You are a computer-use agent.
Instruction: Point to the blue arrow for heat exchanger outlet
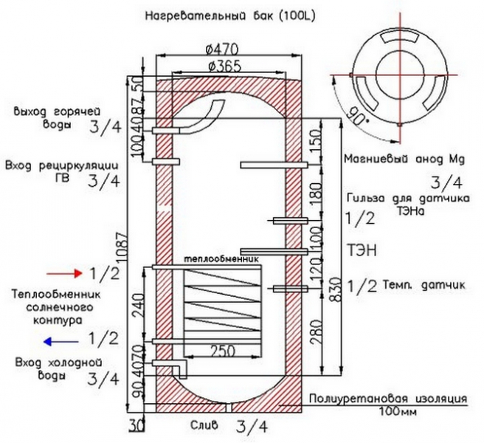tap(59, 341)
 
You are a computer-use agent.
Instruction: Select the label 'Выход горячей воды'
tap(46, 117)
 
